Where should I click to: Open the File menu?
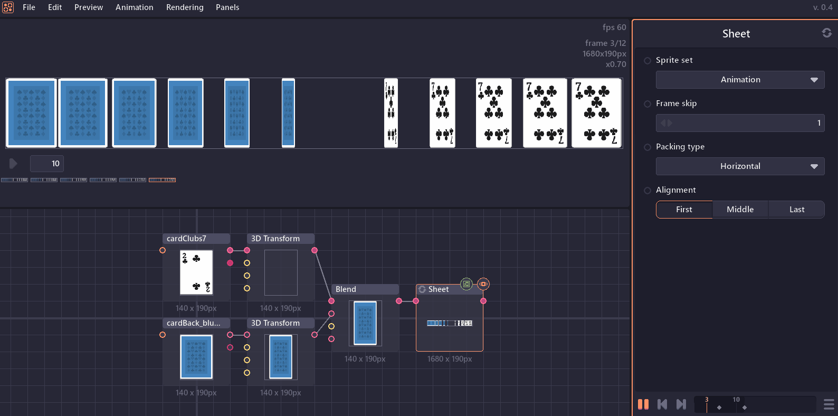click(x=29, y=7)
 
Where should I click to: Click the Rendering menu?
click(x=185, y=7)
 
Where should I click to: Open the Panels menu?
click(x=227, y=7)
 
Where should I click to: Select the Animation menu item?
click(x=134, y=7)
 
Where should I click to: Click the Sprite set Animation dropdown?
click(x=740, y=80)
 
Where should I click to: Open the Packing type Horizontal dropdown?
click(x=740, y=166)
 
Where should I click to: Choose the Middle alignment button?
click(x=740, y=210)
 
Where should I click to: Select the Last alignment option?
click(x=796, y=210)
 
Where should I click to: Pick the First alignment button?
click(x=684, y=210)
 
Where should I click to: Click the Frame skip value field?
click(x=740, y=123)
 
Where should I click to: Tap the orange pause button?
click(x=643, y=404)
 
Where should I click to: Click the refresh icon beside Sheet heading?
click(x=826, y=33)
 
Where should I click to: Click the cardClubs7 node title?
click(x=196, y=239)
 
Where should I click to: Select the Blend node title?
click(x=365, y=289)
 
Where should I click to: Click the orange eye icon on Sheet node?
click(x=483, y=284)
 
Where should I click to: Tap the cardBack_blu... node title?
click(x=196, y=323)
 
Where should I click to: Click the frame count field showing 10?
click(x=47, y=164)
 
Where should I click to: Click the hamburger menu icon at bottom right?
click(x=829, y=404)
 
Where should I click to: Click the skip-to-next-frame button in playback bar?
click(x=681, y=404)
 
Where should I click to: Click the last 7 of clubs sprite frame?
click(x=596, y=113)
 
